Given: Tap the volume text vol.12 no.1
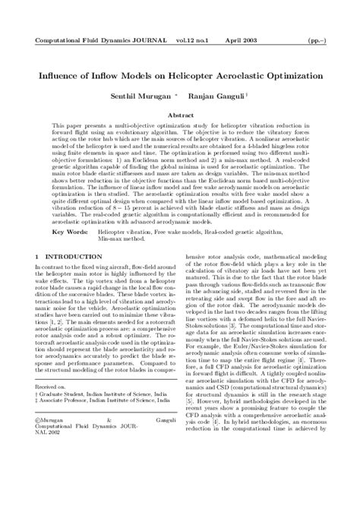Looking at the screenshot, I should coord(197,37).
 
